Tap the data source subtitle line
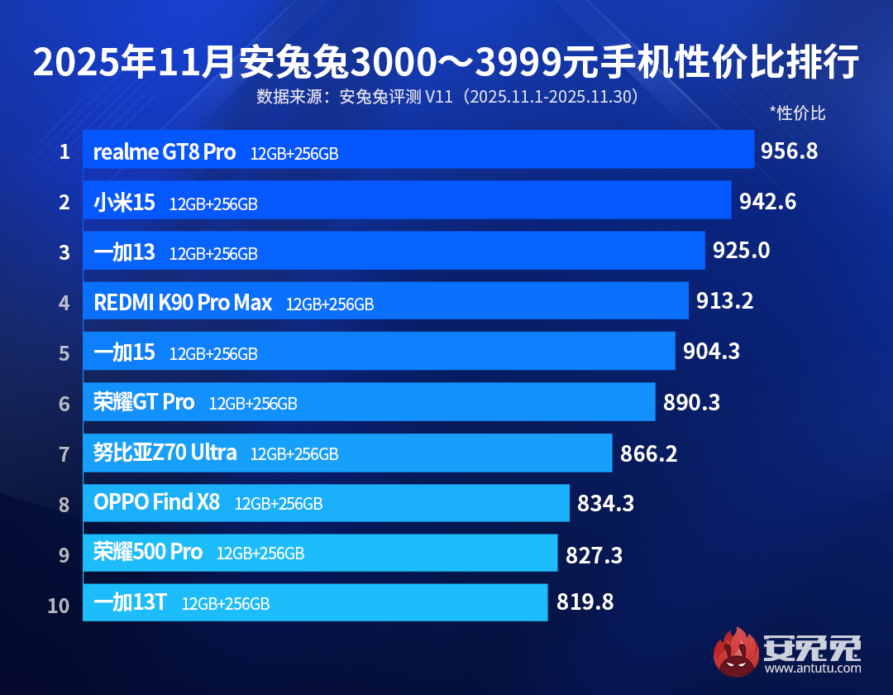pos(446,97)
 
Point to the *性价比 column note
pos(797,113)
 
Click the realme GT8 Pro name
pos(165,152)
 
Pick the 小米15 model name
pos(124,203)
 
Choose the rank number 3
pos(64,252)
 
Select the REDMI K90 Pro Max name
pos(183,303)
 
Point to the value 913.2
pos(724,301)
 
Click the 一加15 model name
pos(124,352)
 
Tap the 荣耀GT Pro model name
pos(144,403)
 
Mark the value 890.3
pos(691,402)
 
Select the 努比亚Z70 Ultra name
pos(165,453)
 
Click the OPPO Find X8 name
pos(156,502)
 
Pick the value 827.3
pos(594,554)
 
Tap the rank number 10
pos(59,605)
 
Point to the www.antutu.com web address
pos(812,669)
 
